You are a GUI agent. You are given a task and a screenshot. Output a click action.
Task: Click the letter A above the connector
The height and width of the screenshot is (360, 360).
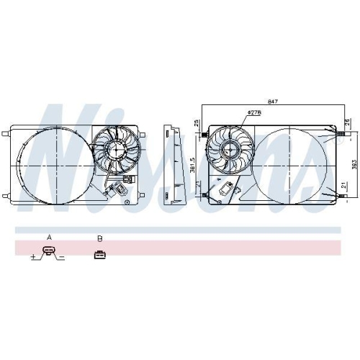49,236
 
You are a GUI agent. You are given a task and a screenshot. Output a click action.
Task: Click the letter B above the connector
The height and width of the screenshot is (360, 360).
99,237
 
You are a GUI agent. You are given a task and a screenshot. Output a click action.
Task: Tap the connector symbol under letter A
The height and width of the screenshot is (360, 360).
48,252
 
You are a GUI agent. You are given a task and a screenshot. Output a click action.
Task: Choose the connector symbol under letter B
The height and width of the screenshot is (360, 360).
99,253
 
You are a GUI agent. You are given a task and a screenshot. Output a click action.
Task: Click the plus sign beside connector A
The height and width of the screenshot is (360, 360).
33,256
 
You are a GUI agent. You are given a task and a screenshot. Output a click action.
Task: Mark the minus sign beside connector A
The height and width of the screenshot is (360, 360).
63,256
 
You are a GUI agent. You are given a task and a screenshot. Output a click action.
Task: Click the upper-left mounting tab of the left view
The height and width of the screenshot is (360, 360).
7,133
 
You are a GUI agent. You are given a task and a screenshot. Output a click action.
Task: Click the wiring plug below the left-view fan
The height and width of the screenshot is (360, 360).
128,180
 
